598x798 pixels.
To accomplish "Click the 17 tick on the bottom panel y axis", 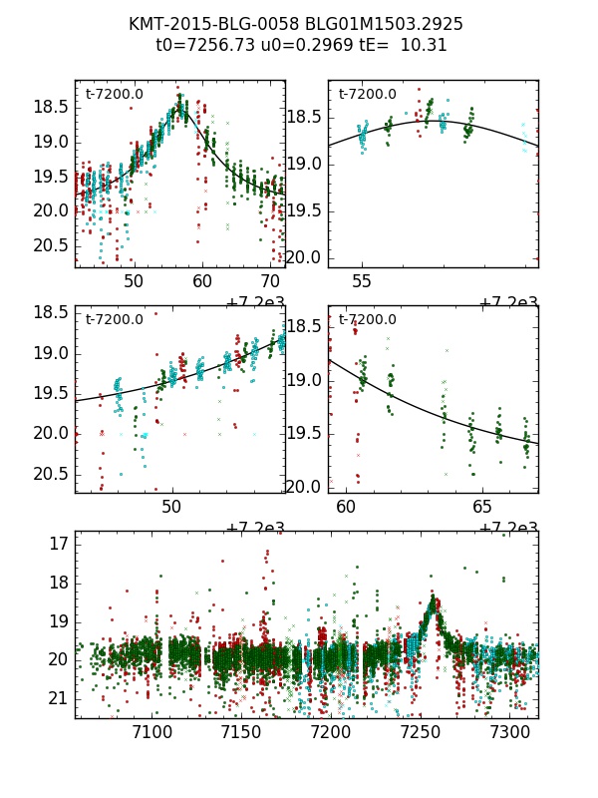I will tap(58, 544).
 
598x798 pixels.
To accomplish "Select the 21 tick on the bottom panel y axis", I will tap(58, 698).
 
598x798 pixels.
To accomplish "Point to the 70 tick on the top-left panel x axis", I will tap(271, 282).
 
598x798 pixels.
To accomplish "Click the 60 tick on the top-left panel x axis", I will tap(202, 282).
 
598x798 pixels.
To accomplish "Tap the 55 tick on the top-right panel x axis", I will tap(362, 282).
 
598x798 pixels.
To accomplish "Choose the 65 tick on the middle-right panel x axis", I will tap(482, 508).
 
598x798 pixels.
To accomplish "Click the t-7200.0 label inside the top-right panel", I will tap(367, 95).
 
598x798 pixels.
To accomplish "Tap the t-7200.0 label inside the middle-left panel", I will tap(114, 320).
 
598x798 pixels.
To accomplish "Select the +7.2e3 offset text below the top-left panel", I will tap(255, 303).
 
